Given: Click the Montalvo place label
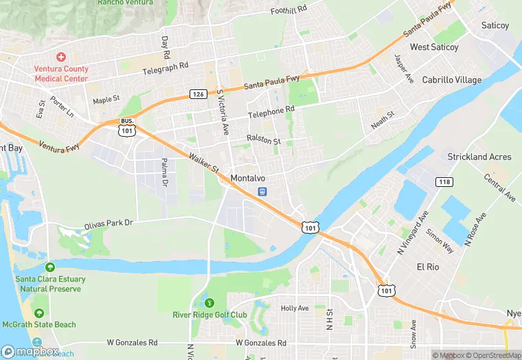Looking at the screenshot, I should click(248, 178).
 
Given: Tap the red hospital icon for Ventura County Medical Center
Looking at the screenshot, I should click(60, 57).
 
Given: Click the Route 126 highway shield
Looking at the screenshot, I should click(198, 93).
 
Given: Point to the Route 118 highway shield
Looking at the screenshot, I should click(444, 181).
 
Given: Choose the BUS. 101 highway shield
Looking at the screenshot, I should click(126, 128).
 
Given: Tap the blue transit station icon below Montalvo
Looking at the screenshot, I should click(262, 192).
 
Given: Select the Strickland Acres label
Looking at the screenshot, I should click(479, 157).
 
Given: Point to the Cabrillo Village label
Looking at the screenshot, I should click(452, 80).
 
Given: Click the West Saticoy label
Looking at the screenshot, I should click(434, 47).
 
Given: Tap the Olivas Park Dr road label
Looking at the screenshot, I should click(108, 224).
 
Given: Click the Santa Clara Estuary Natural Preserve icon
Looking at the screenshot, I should click(49, 267).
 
